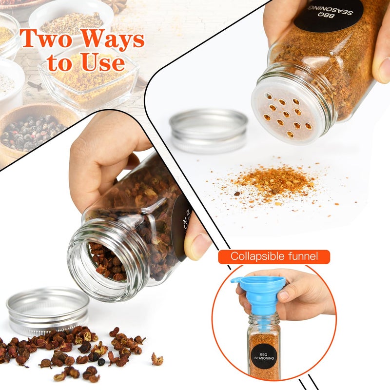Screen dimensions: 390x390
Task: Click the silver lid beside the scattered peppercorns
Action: coord(47,310)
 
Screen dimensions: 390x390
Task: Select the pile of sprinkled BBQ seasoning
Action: coord(273,182)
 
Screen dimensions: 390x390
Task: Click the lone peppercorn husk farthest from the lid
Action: coord(157,359)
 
